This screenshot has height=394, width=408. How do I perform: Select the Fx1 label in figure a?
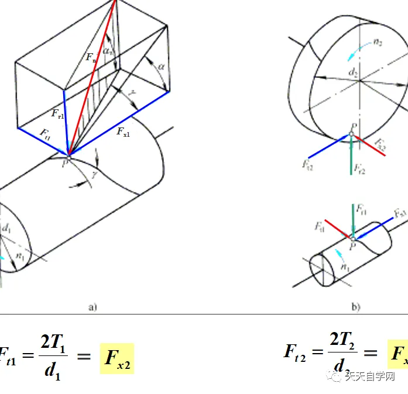click(x=124, y=131)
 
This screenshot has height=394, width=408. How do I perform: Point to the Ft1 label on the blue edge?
click(x=44, y=133)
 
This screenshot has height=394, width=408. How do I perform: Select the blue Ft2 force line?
click(x=328, y=147)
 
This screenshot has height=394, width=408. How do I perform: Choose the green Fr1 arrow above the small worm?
click(x=352, y=219)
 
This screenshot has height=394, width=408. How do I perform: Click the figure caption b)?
click(x=356, y=306)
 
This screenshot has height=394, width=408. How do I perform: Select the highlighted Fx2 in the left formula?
click(x=117, y=358)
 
